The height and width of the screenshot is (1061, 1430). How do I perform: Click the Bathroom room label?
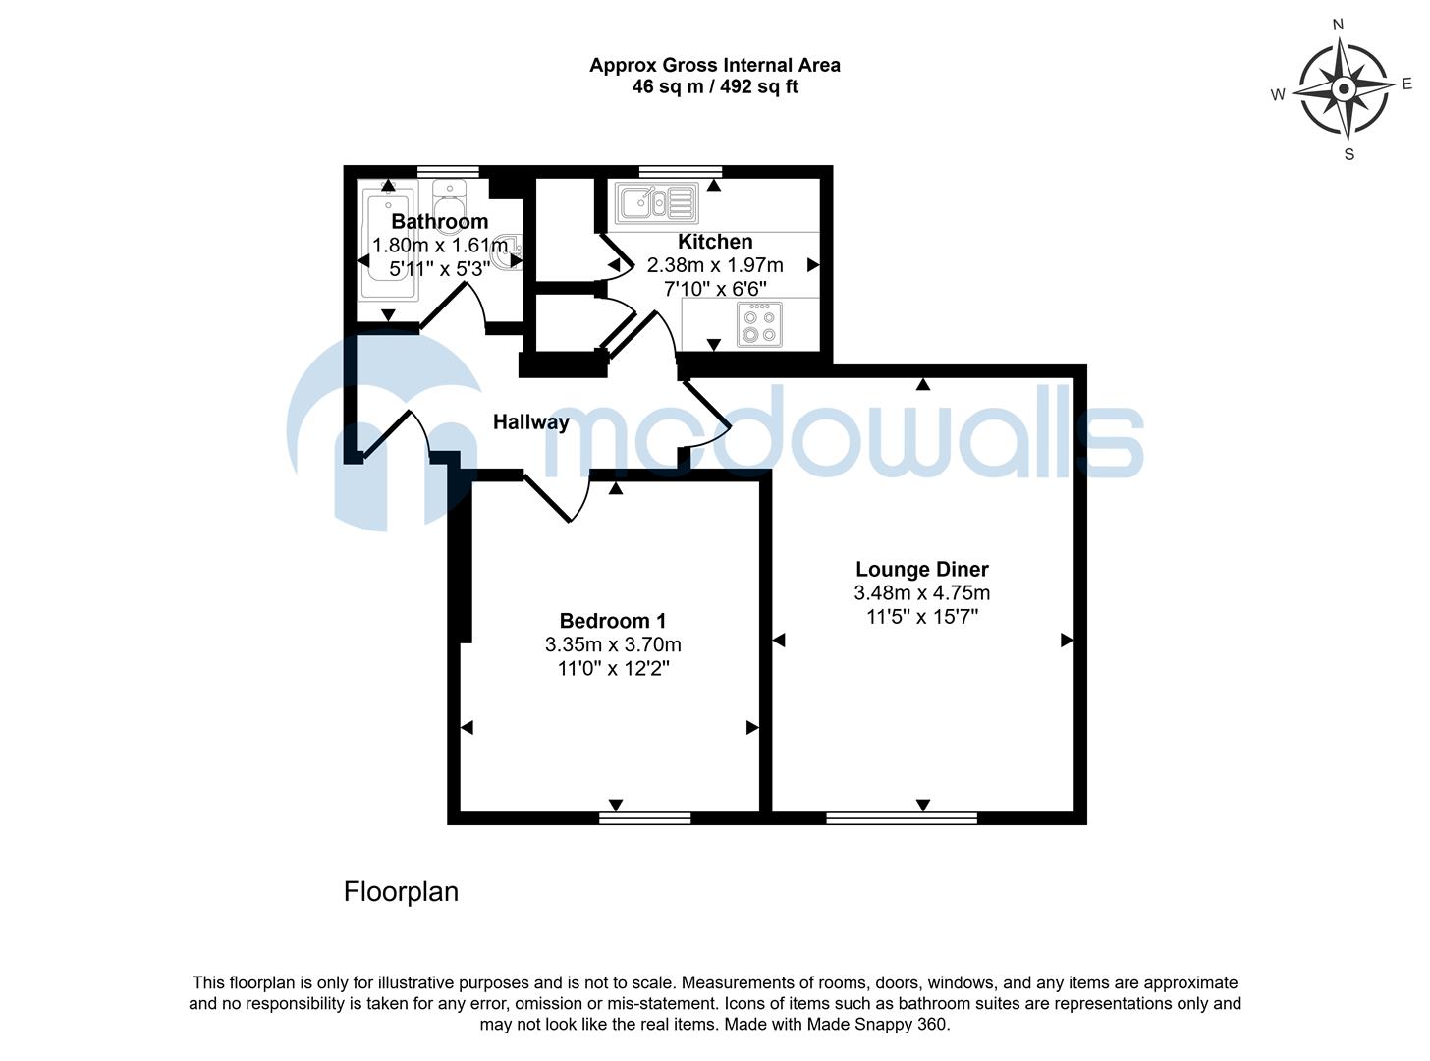439,222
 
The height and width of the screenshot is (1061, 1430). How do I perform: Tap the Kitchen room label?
715,242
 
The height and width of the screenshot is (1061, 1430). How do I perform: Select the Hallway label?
530,422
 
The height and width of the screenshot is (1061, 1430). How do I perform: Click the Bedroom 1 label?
613,621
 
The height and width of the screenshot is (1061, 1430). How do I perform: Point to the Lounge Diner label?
921,569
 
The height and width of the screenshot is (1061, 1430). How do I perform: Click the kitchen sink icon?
656,203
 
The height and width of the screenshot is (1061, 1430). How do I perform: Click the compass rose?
1345,90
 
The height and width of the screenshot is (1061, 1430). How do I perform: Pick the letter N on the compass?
1337,25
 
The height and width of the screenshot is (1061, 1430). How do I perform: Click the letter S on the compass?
1348,154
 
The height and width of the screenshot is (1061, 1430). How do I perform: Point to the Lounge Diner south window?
902,817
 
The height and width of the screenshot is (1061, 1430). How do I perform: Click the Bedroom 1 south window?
644,817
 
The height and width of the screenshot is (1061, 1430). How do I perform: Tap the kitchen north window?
680,172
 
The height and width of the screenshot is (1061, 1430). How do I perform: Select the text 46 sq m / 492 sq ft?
714,87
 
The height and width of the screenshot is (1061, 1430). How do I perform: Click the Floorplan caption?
401,892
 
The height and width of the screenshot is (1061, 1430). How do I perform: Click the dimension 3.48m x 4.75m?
921,593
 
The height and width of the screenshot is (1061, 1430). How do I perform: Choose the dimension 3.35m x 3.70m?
613,645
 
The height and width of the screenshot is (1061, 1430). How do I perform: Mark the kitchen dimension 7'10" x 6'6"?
715,289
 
